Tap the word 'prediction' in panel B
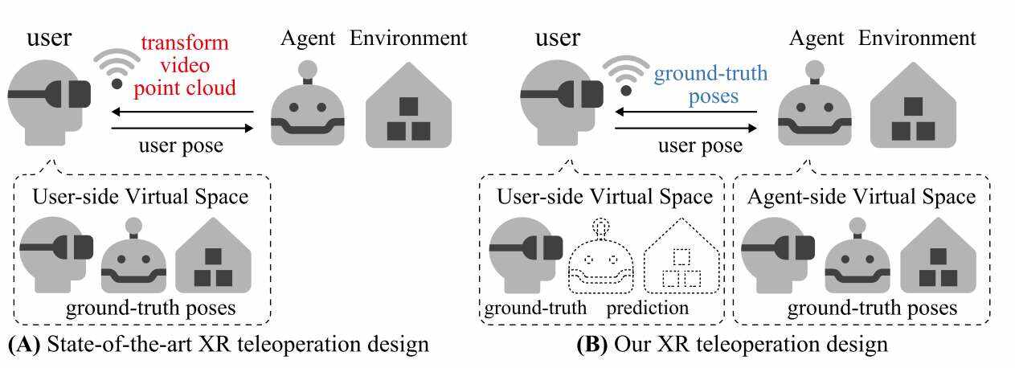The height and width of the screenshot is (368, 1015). pyautogui.click(x=647, y=308)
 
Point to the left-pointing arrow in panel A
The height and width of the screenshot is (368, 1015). pyautogui.click(x=182, y=112)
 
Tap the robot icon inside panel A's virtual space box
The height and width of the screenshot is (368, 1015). pyautogui.click(x=133, y=260)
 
